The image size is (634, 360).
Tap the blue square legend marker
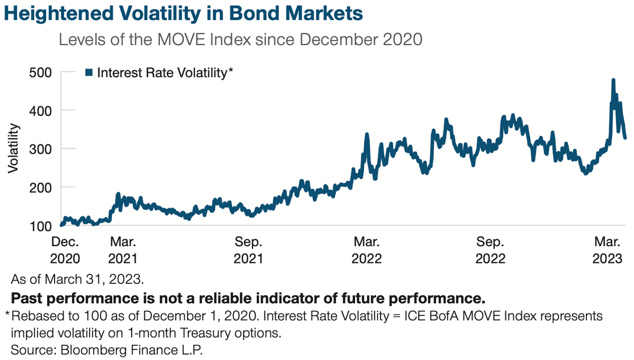tap(89, 73)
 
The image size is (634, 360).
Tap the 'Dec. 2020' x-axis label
tap(65, 250)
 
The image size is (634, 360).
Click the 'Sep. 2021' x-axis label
tap(249, 250)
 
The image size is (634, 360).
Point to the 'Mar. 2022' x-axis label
tap(367, 250)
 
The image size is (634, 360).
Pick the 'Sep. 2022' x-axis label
tap(491, 250)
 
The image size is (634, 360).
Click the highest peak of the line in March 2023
tap(613, 80)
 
